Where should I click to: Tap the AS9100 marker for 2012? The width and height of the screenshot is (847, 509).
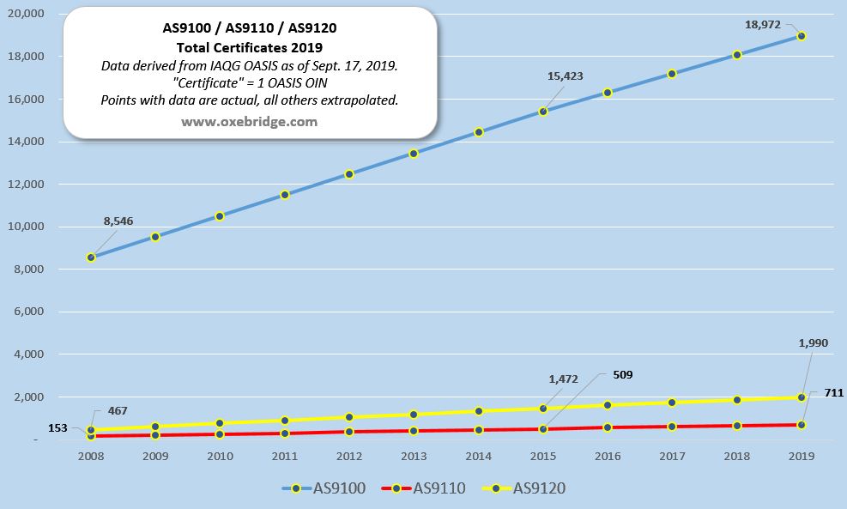pyautogui.click(x=349, y=174)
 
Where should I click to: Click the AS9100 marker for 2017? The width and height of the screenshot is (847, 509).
pyautogui.click(x=672, y=74)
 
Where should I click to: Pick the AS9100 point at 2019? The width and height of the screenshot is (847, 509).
pyautogui.click(x=802, y=36)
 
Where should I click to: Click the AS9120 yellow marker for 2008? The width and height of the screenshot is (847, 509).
pyautogui.click(x=90, y=430)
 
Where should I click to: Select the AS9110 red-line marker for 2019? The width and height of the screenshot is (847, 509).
pyautogui.click(x=802, y=425)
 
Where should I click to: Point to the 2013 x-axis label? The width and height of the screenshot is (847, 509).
pyautogui.click(x=414, y=458)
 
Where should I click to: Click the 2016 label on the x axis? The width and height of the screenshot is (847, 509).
pyautogui.click(x=608, y=458)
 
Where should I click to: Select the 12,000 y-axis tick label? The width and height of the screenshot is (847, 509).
pyautogui.click(x=26, y=185)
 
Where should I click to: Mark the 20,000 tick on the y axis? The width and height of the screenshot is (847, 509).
pyautogui.click(x=26, y=15)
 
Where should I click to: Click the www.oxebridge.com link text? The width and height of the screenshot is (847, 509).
pyautogui.click(x=249, y=122)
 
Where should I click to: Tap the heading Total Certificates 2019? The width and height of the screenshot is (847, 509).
pyautogui.click(x=249, y=47)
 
